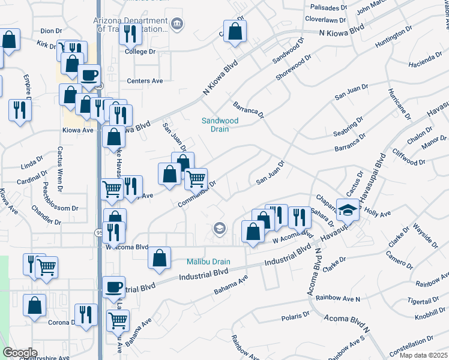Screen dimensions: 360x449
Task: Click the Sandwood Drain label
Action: pyautogui.click(x=220, y=125)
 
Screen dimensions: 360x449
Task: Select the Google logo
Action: pyautogui.click(x=19, y=353)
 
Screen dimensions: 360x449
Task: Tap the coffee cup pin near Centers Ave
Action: pyautogui.click(x=89, y=76)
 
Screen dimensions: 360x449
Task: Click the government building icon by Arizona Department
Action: pyautogui.click(x=176, y=24)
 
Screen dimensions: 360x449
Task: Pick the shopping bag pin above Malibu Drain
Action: pyautogui.click(x=158, y=258)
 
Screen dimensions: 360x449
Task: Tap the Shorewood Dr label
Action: pyautogui.click(x=294, y=70)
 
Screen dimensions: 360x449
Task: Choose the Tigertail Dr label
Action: pyautogui.click(x=424, y=299)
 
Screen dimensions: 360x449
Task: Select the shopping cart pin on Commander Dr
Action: pyautogui.click(x=196, y=178)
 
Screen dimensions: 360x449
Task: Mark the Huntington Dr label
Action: pyautogui.click(x=394, y=37)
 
